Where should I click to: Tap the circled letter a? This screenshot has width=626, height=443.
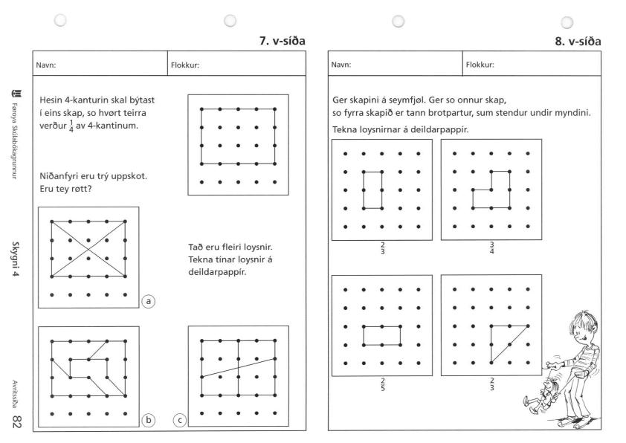pyautogui.click(x=149, y=302)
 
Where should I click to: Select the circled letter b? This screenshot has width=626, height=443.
pyautogui.click(x=149, y=421)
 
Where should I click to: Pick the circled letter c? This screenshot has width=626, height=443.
pyautogui.click(x=179, y=421)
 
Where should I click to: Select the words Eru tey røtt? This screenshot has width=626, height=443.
pyautogui.click(x=64, y=189)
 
